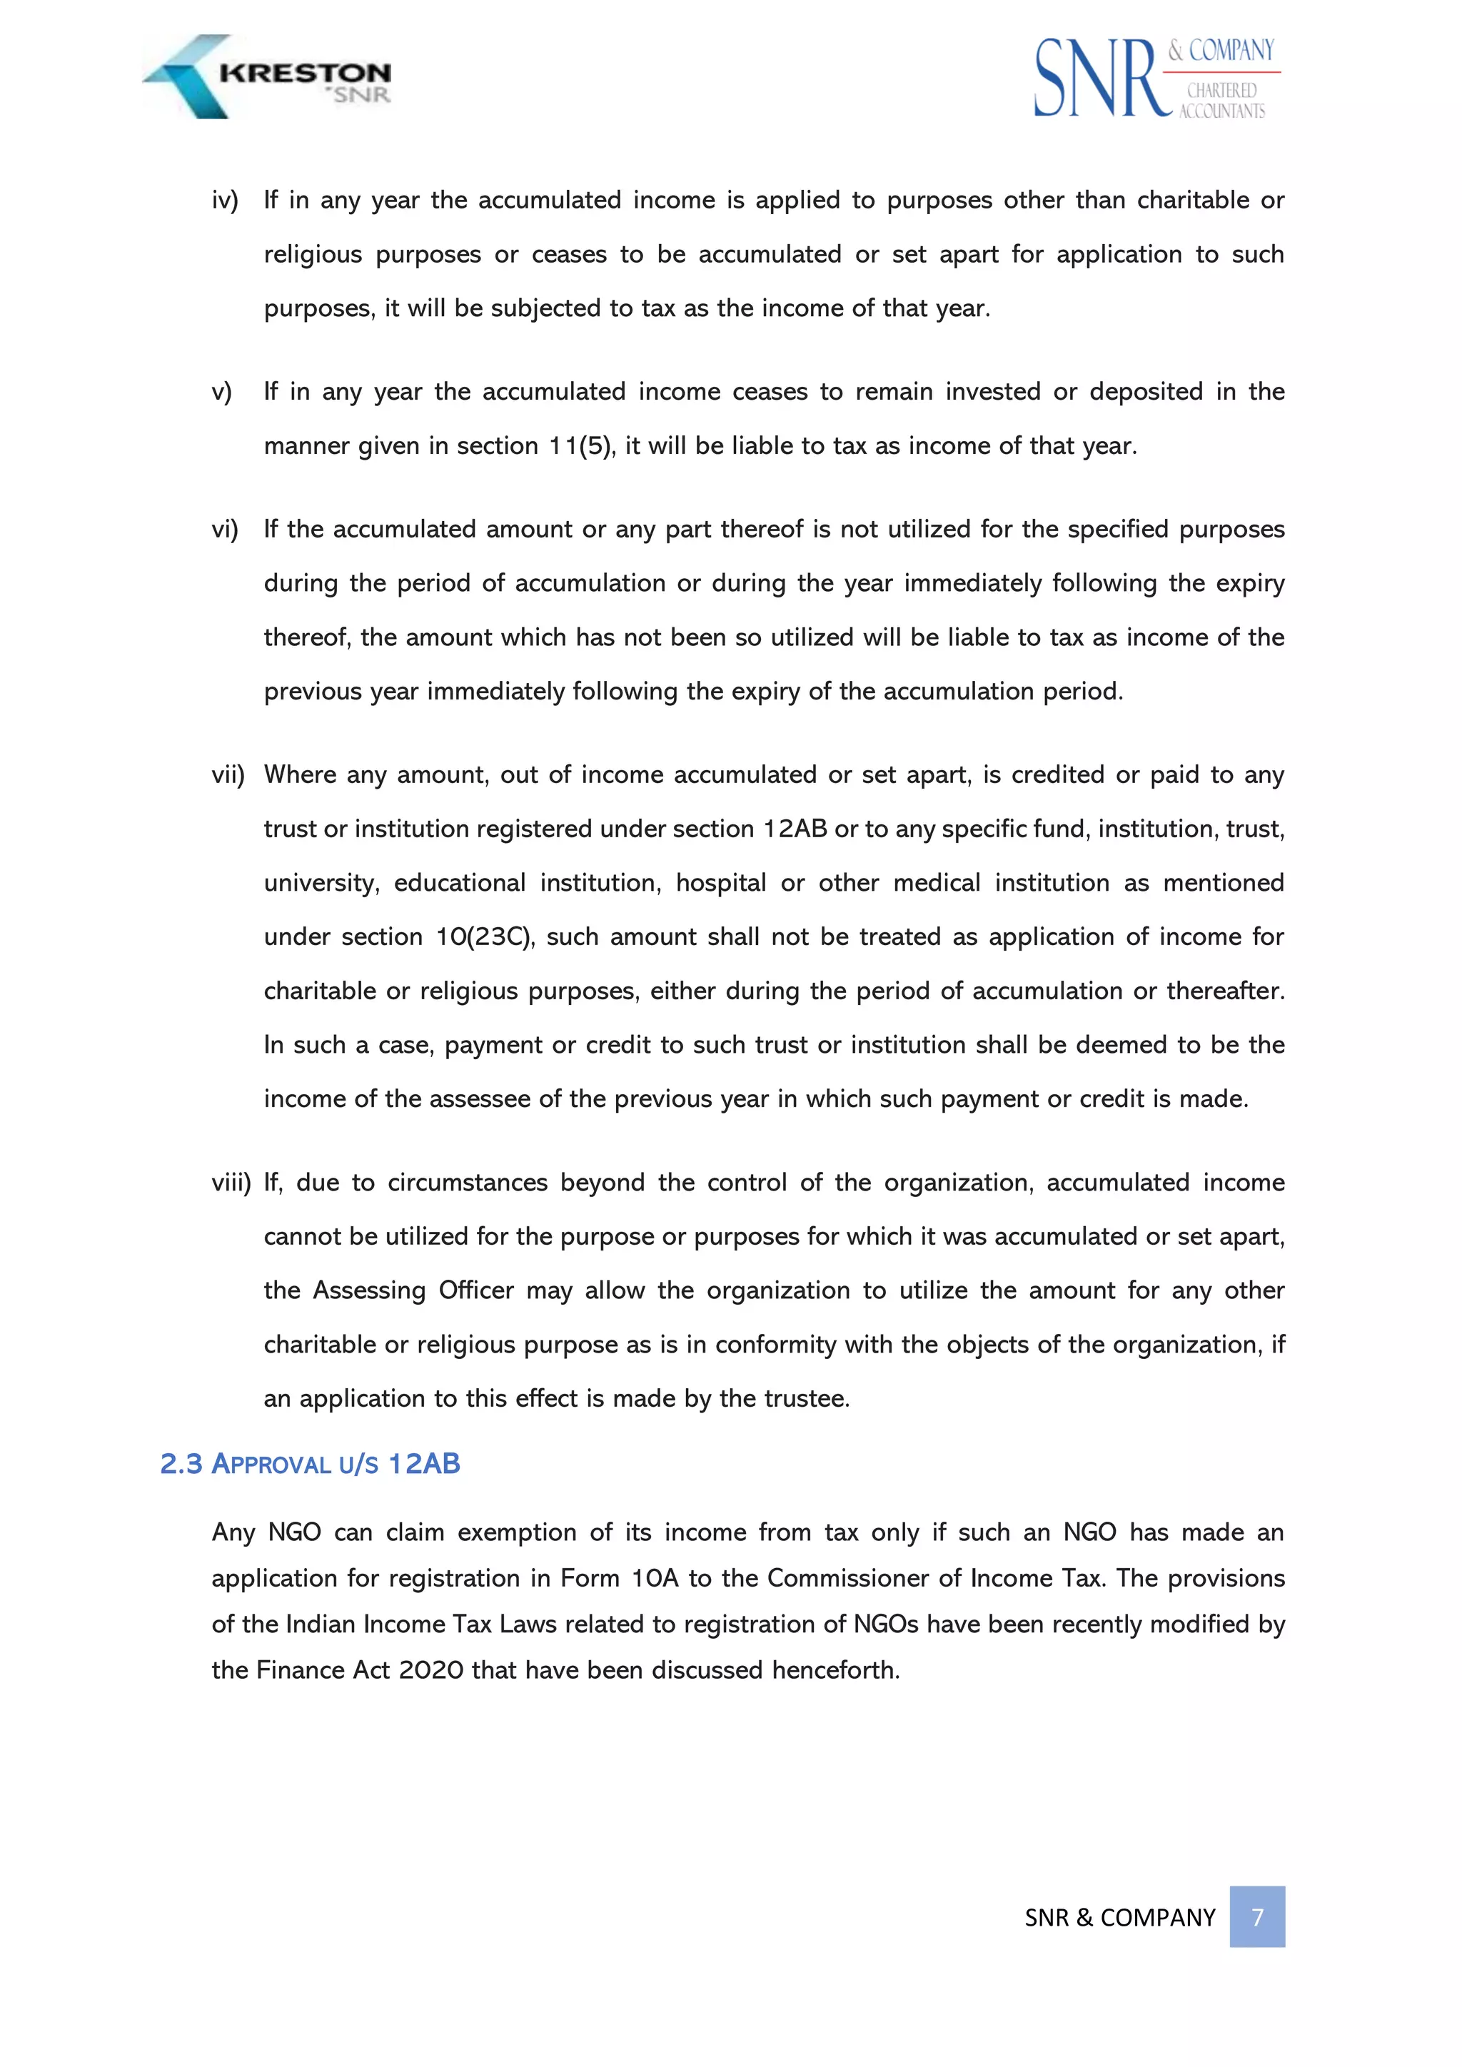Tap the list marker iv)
click(225, 200)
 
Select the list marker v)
click(221, 392)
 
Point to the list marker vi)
click(225, 530)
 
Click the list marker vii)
click(228, 775)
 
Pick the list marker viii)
click(231, 1183)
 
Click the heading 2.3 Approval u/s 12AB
click(311, 1465)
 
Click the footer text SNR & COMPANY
click(1120, 1918)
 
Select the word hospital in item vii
click(720, 883)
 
